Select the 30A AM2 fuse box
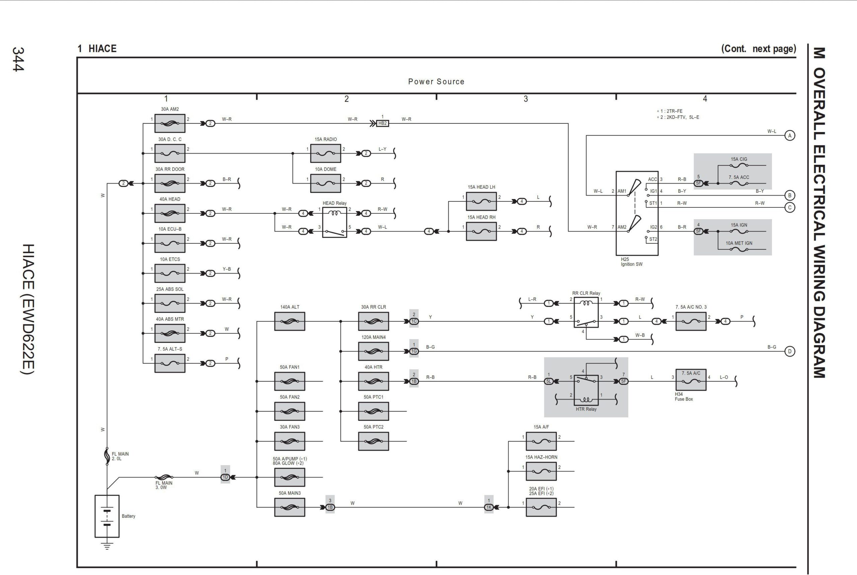(x=170, y=123)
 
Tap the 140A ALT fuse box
(x=290, y=321)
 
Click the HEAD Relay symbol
(x=334, y=222)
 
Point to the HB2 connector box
(x=382, y=123)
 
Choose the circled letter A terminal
(x=790, y=136)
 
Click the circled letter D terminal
(x=790, y=351)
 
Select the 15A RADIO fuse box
(x=325, y=153)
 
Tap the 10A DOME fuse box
(x=325, y=183)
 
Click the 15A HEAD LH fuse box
(x=481, y=201)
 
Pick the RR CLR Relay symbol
(x=586, y=312)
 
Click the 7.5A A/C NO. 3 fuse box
(x=691, y=321)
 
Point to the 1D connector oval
(x=225, y=477)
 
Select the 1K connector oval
(x=489, y=507)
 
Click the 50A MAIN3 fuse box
(x=290, y=507)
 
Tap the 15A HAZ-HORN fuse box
(x=541, y=471)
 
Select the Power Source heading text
(x=436, y=81)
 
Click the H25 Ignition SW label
(x=631, y=261)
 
